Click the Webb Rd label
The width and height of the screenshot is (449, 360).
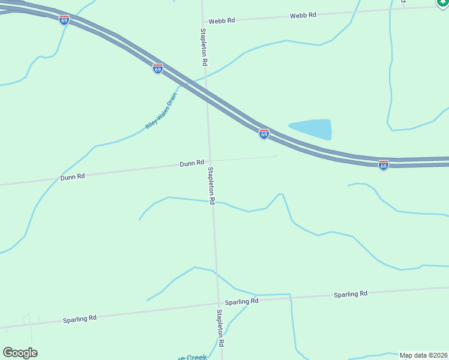coord(303,14)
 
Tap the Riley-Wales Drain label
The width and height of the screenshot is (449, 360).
coord(161,111)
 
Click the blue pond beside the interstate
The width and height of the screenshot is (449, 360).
coord(312,128)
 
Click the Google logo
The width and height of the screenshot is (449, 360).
coord(20,353)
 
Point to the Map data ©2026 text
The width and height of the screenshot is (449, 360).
coord(423,355)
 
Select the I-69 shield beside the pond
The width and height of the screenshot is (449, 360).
coord(264,133)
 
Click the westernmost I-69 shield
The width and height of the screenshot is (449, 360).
coord(64,20)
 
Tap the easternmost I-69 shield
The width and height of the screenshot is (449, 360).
coord(384,164)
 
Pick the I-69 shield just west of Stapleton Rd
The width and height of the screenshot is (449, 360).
coord(158,69)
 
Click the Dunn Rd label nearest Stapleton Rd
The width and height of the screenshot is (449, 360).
coord(192,163)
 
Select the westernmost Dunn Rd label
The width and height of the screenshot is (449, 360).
coord(73,177)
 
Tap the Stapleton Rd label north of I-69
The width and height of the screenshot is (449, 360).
coord(204,46)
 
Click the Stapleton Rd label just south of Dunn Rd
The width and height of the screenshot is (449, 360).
coord(211,185)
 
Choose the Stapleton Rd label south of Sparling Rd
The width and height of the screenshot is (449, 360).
coord(220,328)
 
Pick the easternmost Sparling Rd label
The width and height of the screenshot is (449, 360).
coord(351,294)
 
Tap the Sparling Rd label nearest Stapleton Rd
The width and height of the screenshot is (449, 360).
coord(241,301)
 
